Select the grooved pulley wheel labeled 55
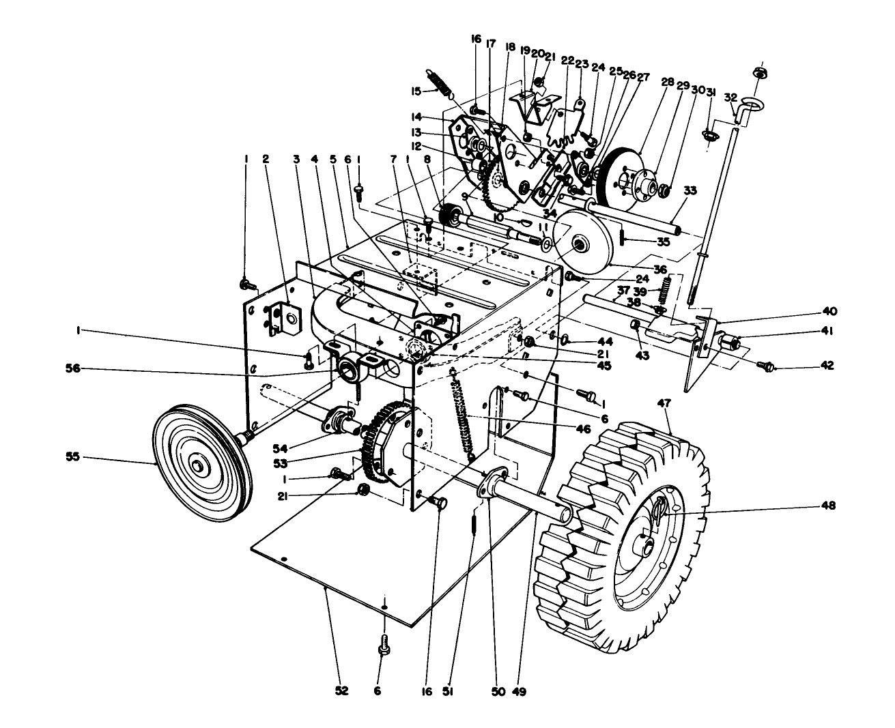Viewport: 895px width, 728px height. (x=200, y=465)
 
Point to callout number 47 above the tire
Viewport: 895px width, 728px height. (x=664, y=403)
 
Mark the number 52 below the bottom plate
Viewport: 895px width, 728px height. (x=342, y=690)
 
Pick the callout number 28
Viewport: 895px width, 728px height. (x=667, y=82)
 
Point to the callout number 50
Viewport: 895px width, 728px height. (x=498, y=690)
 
